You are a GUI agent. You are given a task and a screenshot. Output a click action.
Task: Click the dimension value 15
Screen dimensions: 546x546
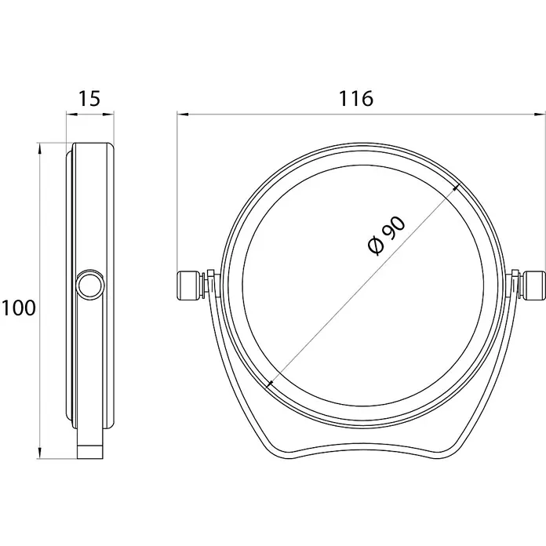[x=90, y=98]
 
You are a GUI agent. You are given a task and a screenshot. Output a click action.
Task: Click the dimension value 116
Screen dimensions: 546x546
[x=356, y=99]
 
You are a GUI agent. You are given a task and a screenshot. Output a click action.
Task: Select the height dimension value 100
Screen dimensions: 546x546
[x=19, y=308]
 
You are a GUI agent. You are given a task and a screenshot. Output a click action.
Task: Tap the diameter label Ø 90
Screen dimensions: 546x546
[x=387, y=236]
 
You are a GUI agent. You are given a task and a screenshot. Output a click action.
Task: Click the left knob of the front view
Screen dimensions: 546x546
[x=188, y=286]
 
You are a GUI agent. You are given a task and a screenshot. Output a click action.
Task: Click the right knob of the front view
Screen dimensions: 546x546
[x=535, y=286]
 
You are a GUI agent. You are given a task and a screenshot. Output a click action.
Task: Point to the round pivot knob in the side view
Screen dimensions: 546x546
[x=90, y=286]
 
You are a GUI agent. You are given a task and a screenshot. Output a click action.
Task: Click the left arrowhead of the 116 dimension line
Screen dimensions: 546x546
[x=183, y=114]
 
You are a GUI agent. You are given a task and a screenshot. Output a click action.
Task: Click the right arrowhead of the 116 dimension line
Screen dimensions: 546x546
[x=540, y=114]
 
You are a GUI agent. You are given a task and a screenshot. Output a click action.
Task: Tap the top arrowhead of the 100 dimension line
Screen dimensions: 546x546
[x=40, y=149]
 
